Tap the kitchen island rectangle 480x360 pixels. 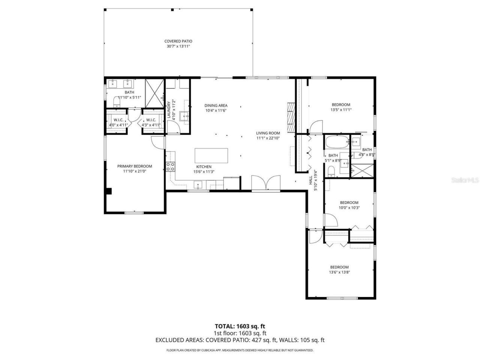(211, 156)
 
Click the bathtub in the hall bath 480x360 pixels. (336, 142)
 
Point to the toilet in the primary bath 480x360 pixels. (116, 101)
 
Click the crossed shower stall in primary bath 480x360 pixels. (154, 93)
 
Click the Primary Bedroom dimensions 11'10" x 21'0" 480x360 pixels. (135, 171)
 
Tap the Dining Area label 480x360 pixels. (216, 105)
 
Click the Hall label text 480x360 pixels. (310, 181)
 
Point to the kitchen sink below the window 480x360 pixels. (198, 184)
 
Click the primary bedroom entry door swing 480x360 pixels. (157, 142)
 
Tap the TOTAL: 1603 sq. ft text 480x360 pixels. (240, 326)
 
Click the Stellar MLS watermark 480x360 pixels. (465, 180)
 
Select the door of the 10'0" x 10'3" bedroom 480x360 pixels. (330, 220)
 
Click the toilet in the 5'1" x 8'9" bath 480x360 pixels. (331, 171)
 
